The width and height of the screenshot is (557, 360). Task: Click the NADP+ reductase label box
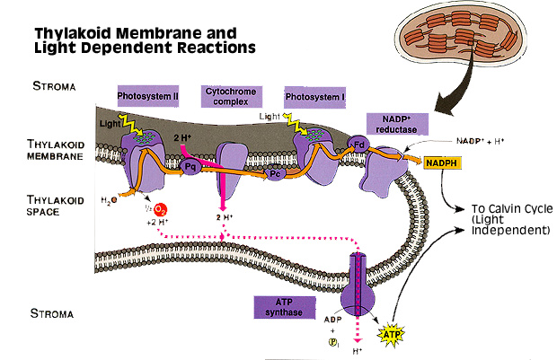pyautogui.click(x=396, y=124)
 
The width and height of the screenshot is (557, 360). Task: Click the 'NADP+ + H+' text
pyautogui.click(x=478, y=142)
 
